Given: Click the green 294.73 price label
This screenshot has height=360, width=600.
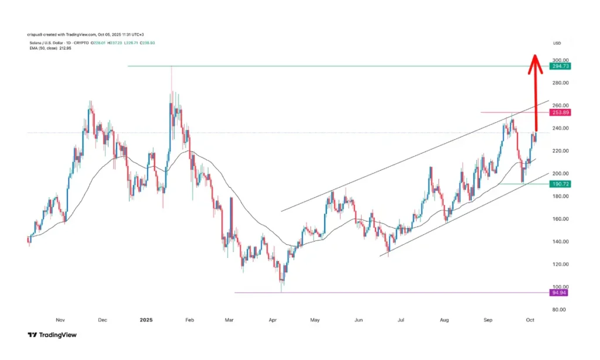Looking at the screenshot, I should pyautogui.click(x=560, y=66).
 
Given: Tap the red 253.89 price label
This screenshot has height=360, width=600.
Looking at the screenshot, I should pyautogui.click(x=560, y=112).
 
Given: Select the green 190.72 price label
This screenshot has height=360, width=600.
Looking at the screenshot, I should pyautogui.click(x=560, y=184).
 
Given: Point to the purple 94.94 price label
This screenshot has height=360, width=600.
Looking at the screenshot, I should pyautogui.click(x=560, y=293).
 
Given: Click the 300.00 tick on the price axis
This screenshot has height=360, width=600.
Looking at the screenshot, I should pyautogui.click(x=560, y=60).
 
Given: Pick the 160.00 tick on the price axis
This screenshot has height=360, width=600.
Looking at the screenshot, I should pyautogui.click(x=560, y=219).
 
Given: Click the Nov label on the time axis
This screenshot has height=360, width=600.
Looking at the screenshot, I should pyautogui.click(x=59, y=320).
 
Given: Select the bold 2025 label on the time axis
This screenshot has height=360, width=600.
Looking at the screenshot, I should pyautogui.click(x=146, y=320).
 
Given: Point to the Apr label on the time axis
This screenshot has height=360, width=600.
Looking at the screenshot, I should pyautogui.click(x=272, y=320).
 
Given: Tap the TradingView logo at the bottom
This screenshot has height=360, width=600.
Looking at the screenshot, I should pyautogui.click(x=52, y=335).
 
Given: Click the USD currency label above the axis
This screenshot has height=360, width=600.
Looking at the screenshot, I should pyautogui.click(x=557, y=43).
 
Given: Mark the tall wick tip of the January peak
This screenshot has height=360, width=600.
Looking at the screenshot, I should pyautogui.click(x=171, y=68).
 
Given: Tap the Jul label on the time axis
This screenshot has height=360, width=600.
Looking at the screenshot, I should pyautogui.click(x=402, y=320).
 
